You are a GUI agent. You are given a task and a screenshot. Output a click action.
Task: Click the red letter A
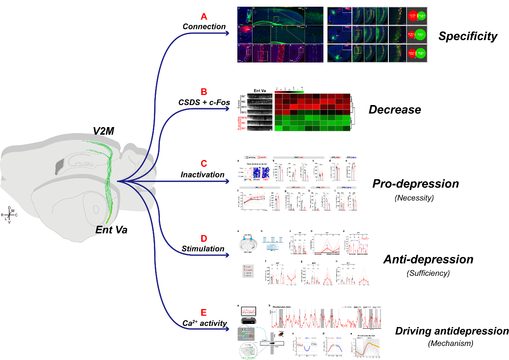pos(204,17)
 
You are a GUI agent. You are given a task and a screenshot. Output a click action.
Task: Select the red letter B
pos(204,92)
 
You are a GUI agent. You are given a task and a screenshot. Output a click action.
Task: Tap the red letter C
pos(204,164)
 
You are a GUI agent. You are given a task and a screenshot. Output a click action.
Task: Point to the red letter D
pos(204,239)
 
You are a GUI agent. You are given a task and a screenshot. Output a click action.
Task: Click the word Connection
pos(204,27)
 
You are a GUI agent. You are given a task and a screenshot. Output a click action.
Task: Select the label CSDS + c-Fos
pos(204,102)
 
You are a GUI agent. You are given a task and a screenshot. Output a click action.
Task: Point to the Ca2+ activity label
pos(204,324)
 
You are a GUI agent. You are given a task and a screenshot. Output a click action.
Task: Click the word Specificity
pos(468,36)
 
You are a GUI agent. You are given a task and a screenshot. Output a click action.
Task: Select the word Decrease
pos(395,109)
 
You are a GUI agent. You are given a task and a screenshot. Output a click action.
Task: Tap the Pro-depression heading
pos(416,184)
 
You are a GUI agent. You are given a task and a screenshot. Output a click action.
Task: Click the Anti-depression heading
pos(428,259)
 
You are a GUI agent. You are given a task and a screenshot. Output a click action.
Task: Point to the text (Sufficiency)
pos(428,273)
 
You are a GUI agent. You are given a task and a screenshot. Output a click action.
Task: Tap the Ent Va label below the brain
pos(111,231)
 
